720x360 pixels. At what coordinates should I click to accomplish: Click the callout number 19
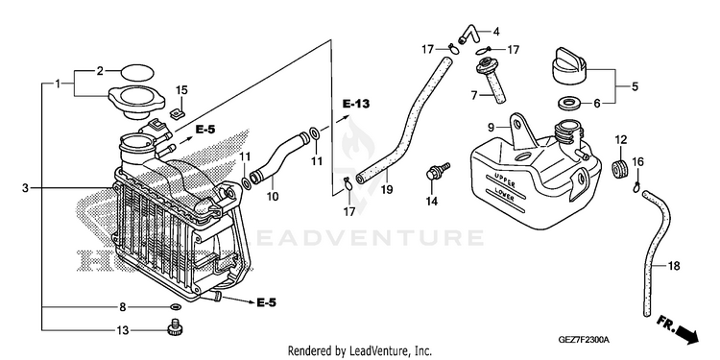387,189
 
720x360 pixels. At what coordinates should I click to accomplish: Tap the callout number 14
432,201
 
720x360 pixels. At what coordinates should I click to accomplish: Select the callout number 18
674,266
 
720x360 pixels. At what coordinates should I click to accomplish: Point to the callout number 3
25,188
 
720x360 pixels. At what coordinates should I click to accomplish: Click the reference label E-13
356,104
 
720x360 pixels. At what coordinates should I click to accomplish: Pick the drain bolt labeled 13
174,328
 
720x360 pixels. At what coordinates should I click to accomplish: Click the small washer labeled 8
175,307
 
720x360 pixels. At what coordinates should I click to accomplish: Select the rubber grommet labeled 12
621,168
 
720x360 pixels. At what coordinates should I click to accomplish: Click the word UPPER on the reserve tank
505,180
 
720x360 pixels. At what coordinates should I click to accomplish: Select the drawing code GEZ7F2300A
583,340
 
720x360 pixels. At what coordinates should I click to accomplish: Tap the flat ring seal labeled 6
569,104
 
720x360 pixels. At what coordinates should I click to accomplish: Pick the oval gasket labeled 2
137,72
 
